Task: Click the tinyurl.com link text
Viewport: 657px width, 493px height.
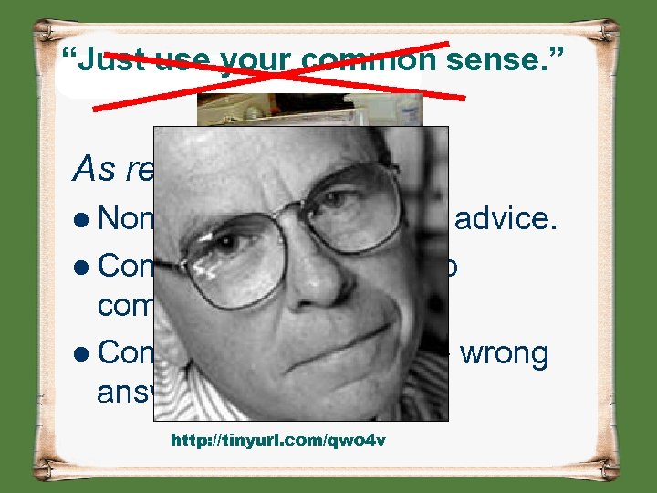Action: pos(278,440)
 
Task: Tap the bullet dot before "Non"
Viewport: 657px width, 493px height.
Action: pos(81,219)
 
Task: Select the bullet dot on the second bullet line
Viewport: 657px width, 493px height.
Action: pos(81,267)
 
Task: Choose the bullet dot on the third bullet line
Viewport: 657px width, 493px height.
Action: pos(81,354)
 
